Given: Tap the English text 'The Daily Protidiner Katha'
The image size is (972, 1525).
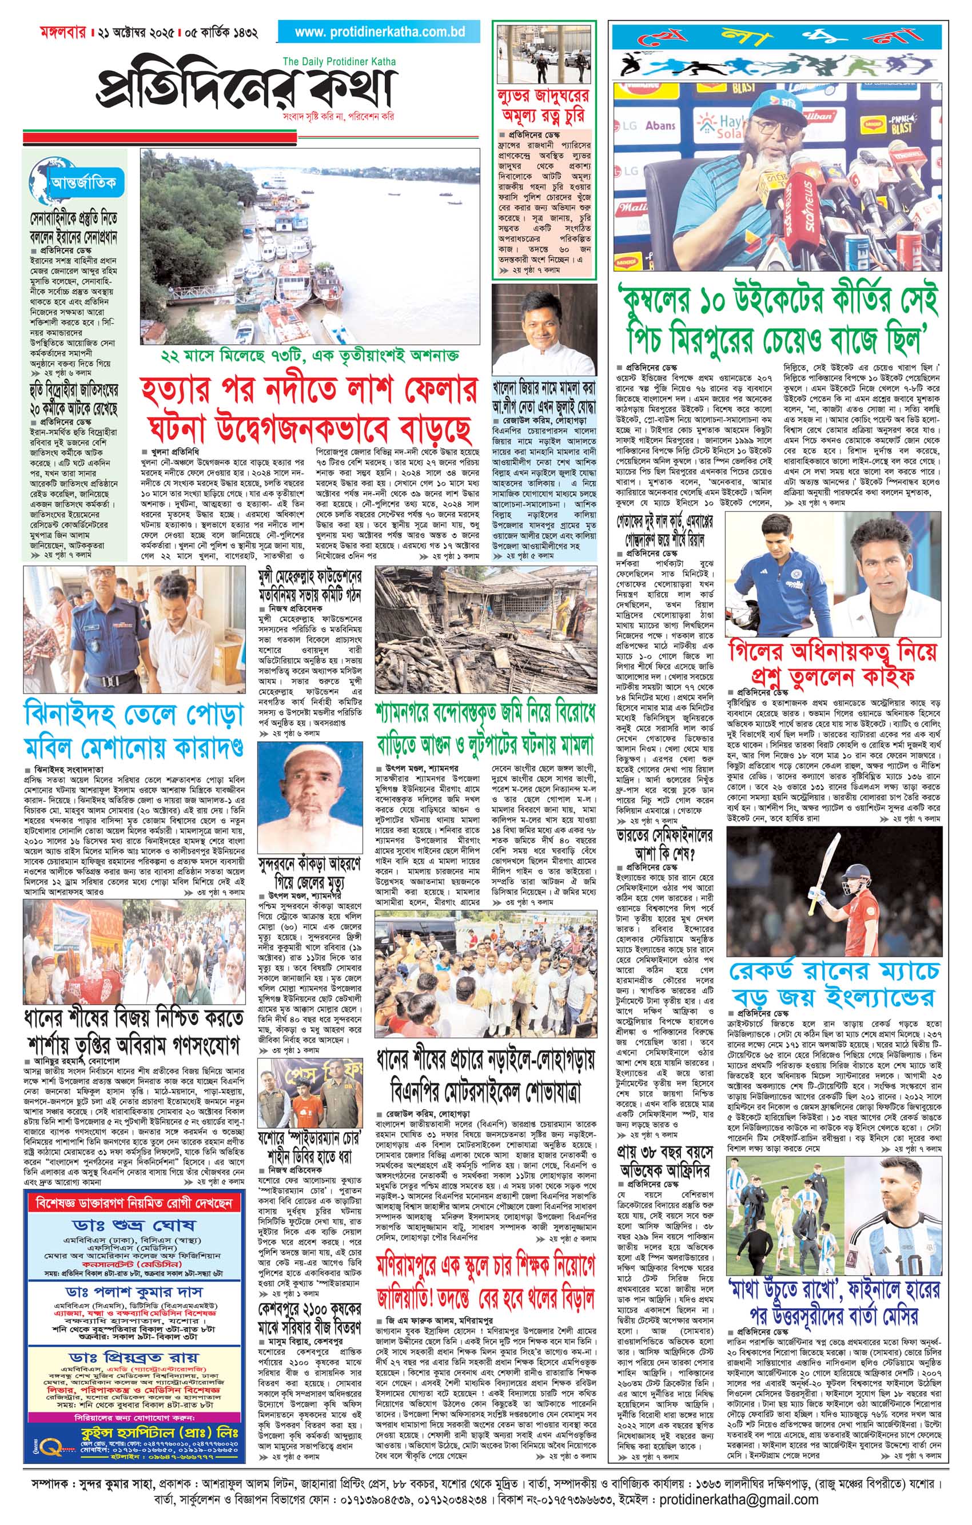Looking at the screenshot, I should pyautogui.click(x=340, y=61).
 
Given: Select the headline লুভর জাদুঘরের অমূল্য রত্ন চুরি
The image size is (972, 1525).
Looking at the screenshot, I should pyautogui.click(x=543, y=106).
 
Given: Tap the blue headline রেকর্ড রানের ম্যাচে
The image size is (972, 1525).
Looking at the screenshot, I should pyautogui.click(x=834, y=971).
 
